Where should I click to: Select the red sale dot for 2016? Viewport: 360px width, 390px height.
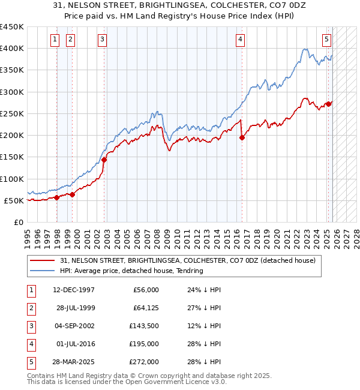click(x=242, y=137)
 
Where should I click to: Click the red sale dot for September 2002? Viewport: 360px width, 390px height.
click(x=104, y=160)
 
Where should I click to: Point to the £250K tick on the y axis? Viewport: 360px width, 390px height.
click(x=12, y=113)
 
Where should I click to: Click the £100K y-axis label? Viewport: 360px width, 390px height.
click(x=12, y=179)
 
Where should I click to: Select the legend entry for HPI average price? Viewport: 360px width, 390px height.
click(x=131, y=271)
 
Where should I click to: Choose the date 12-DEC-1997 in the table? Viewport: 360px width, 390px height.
click(x=74, y=290)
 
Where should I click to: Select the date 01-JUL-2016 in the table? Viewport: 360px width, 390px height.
click(x=74, y=344)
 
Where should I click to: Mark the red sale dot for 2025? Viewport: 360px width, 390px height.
click(x=329, y=103)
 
